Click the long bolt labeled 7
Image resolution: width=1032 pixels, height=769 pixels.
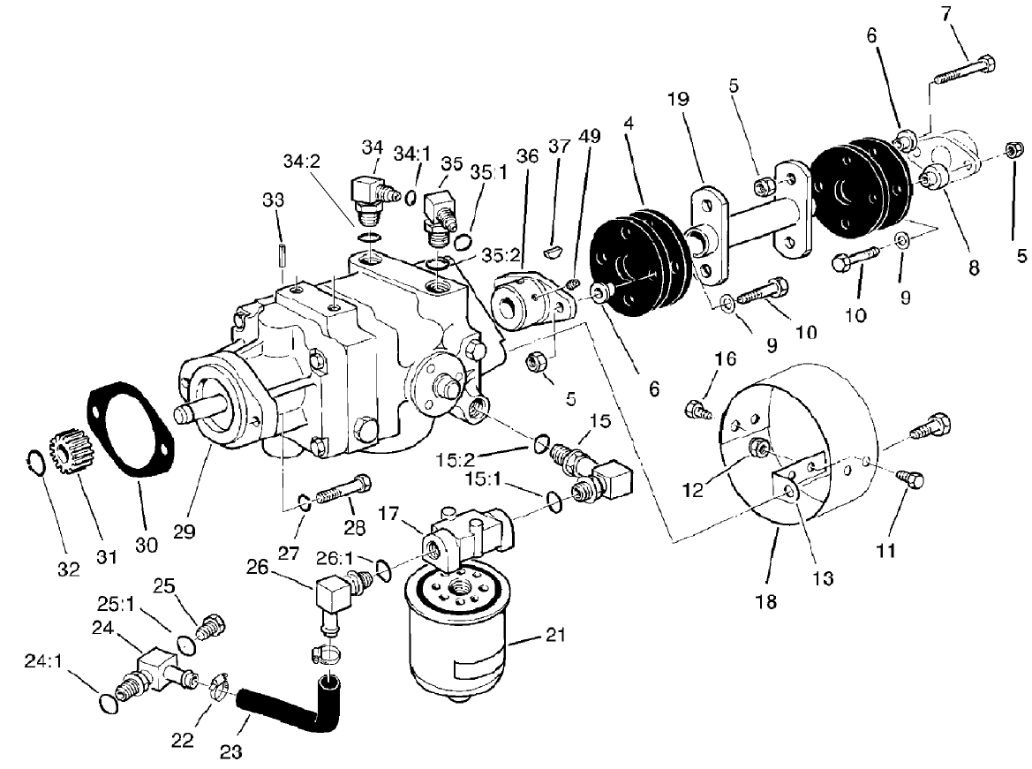[962, 67]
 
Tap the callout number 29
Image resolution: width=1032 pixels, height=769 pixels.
[185, 532]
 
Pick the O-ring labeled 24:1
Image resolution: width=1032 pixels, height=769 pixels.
[106, 702]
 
